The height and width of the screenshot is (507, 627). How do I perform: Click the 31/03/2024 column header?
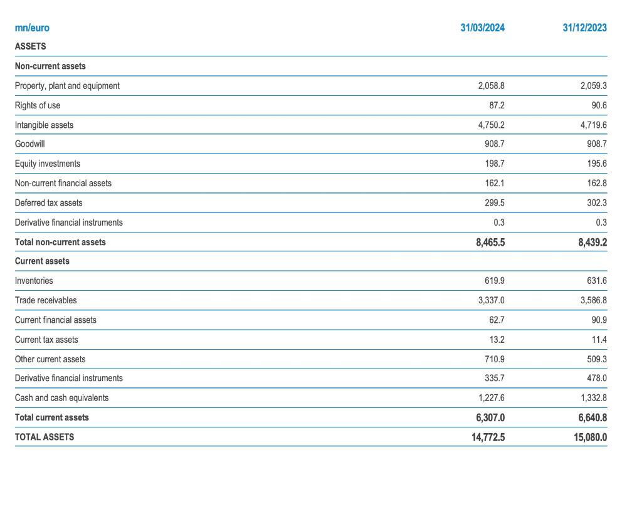482,28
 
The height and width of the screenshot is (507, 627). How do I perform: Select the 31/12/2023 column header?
584,28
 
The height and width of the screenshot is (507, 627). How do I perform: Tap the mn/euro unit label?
32,28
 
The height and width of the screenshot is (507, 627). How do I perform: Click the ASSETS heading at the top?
30,46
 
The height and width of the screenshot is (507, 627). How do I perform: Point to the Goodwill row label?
29,144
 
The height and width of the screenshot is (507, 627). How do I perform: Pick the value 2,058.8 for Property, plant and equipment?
491,85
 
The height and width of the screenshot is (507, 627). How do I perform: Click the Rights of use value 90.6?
599,105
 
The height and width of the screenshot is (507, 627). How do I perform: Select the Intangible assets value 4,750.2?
491,125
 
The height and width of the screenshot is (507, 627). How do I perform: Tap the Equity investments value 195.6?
597,164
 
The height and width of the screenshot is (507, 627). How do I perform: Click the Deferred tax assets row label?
48,202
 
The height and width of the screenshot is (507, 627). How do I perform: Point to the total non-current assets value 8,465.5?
490,242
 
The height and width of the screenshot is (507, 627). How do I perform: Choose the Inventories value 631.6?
597,281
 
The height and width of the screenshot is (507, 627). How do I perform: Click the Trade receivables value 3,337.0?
491,300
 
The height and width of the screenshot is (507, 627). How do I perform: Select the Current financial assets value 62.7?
497,320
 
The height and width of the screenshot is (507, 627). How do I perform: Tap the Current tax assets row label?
46,340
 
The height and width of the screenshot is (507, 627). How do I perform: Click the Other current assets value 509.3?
597,359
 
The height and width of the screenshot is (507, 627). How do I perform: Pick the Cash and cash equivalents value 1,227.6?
491,397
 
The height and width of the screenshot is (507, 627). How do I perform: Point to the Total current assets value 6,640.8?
593,417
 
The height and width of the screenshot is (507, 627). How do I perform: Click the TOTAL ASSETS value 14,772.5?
488,437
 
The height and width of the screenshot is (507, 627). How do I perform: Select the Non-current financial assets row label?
63,183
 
